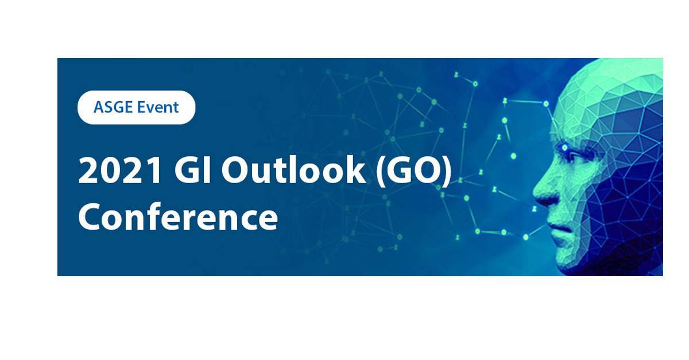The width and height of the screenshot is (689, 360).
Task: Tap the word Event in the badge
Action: pos(158,107)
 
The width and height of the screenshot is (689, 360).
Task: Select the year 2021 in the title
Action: pos(120,170)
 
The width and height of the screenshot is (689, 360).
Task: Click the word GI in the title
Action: pos(192,170)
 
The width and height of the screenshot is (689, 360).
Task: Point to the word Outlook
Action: pos(294,169)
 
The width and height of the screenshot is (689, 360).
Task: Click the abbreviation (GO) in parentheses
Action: pos(414,171)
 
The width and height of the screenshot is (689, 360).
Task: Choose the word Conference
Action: pos(178,217)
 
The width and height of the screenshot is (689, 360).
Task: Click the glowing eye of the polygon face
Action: pos(565,148)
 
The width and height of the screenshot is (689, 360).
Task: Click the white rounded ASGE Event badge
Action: pos(136,107)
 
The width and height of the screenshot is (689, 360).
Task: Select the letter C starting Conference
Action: pos(89,217)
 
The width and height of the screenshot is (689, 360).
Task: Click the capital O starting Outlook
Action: pos(234,170)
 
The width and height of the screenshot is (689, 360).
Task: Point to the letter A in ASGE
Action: pos(99,107)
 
